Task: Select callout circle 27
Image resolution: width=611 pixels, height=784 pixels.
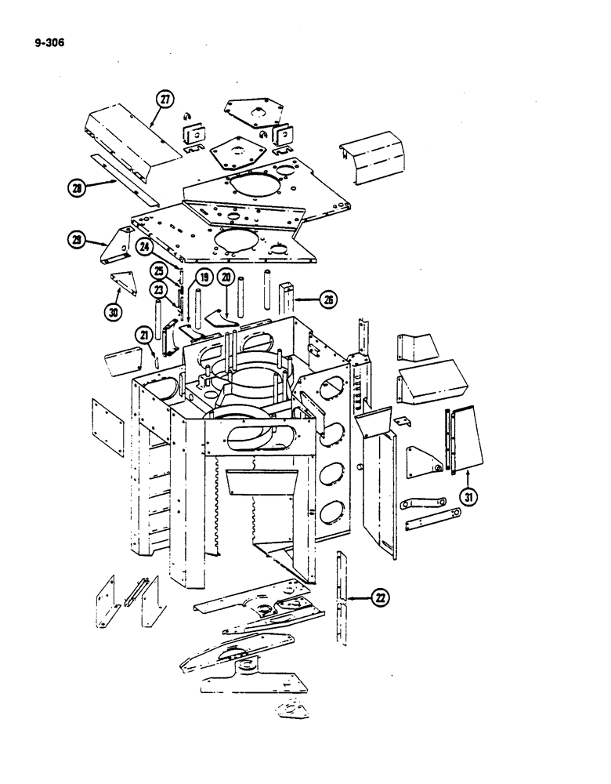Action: pos(164,99)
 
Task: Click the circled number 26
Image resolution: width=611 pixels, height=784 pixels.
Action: pos(328,299)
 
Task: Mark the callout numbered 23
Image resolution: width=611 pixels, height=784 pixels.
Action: pos(160,289)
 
